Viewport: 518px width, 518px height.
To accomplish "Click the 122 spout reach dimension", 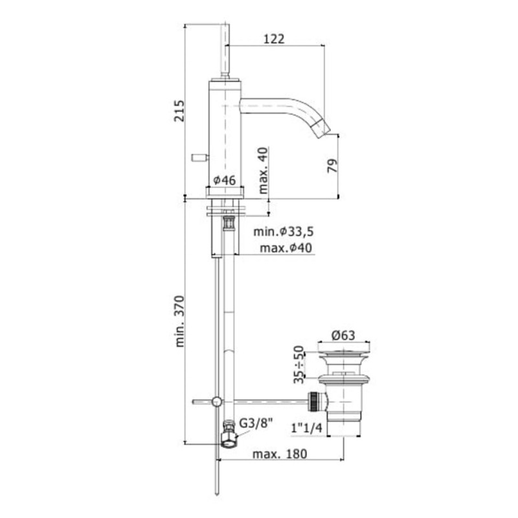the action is (x=274, y=39).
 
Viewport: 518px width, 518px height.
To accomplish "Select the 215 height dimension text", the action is (x=179, y=111).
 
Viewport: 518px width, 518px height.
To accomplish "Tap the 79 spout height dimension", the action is (x=333, y=166).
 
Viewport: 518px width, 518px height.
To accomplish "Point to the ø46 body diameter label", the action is (x=225, y=181).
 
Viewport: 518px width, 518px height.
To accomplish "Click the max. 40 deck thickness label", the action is (x=264, y=170).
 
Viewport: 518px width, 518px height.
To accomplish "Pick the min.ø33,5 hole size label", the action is (x=283, y=232).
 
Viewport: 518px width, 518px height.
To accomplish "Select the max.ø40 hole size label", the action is (x=286, y=248).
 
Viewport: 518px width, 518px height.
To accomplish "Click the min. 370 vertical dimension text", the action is (x=179, y=321).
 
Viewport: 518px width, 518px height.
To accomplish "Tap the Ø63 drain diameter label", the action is (x=343, y=335).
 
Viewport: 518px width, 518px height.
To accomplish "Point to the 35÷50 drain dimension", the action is (x=298, y=365).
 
